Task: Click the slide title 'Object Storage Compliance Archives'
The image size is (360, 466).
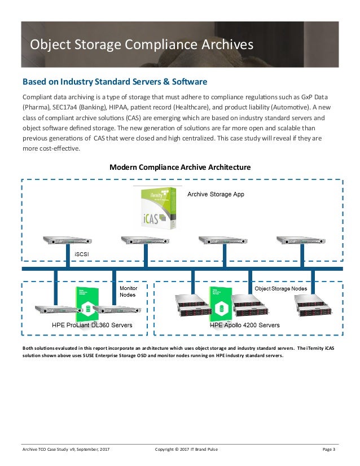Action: pos(142,44)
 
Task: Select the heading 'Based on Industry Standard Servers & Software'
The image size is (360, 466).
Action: pos(115,81)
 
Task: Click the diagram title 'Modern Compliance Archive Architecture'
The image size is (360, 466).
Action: pos(180,168)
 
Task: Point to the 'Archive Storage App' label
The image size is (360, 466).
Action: pos(216,195)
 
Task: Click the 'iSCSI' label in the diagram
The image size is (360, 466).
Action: pos(81,254)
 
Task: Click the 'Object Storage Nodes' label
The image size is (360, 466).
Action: pos(281,288)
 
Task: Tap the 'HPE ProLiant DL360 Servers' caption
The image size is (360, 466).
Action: pos(92,326)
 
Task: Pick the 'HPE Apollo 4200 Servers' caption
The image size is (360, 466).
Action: pos(245,326)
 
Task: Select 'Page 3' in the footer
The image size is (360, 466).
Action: pos(328,449)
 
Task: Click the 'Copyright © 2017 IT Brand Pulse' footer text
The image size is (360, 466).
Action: pos(186,449)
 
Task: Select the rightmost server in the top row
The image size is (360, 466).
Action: pos(298,240)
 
